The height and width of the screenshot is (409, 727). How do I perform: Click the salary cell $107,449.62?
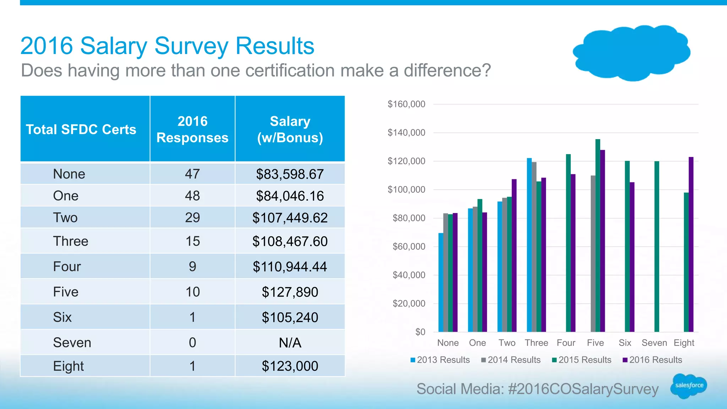click(290, 218)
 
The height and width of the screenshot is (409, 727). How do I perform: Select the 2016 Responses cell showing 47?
click(192, 174)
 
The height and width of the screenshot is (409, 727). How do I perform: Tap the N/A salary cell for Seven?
click(290, 343)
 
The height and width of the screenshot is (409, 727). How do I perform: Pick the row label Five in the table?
click(66, 292)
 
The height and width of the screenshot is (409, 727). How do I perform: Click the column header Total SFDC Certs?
click(81, 129)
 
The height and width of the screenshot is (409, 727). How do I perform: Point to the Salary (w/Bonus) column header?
click(290, 129)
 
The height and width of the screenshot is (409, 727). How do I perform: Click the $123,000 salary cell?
click(290, 366)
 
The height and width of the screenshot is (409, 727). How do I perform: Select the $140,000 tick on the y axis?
click(406, 133)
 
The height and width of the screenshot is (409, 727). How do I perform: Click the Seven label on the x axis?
click(654, 343)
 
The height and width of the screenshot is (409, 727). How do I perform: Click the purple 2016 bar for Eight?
click(691, 245)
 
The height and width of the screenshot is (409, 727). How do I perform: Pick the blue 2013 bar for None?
click(441, 283)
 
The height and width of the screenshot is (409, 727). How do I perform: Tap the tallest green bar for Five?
click(598, 236)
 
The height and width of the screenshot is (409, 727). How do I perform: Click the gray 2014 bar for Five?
click(593, 254)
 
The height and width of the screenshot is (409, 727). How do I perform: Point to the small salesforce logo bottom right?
click(688, 386)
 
